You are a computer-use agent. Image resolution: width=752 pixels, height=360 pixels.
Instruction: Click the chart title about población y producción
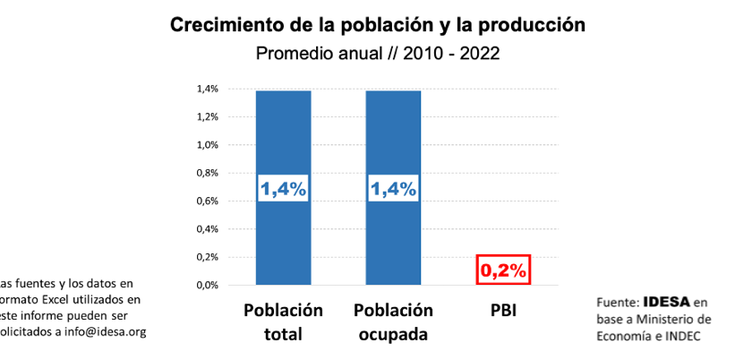pos(377,24)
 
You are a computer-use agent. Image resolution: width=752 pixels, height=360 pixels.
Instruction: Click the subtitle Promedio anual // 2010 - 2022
pos(377,53)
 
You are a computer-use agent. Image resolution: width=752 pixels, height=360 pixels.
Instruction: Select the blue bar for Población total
pos(284,134)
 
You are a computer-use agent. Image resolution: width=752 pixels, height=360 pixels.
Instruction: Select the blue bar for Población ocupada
pos(393,134)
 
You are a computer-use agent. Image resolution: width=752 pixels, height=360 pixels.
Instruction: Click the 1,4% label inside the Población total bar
pos(284,189)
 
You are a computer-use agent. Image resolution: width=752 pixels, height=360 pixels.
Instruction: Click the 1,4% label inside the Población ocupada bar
pos(393,189)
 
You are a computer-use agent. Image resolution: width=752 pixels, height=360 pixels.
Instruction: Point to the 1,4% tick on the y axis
pos(207,89)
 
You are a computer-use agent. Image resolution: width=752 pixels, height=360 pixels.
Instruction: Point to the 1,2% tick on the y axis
pos(207,116)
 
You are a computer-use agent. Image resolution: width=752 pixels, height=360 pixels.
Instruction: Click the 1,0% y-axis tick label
pos(207,145)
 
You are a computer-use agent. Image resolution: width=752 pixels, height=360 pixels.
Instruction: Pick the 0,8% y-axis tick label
pos(207,173)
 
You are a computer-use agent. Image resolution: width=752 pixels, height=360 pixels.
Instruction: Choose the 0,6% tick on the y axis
pos(207,201)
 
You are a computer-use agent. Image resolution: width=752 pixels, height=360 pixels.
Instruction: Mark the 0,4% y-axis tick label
pos(207,229)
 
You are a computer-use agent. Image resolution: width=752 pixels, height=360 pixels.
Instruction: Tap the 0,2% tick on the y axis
pos(207,257)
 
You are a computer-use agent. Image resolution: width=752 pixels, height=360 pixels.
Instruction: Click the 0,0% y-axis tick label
pos(207,285)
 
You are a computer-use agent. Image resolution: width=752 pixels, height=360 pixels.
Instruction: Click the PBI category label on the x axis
pos(502,312)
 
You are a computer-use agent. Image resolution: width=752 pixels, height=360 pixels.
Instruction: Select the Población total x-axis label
pos(284,322)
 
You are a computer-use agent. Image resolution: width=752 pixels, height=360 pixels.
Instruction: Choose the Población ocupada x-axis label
pos(393,322)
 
